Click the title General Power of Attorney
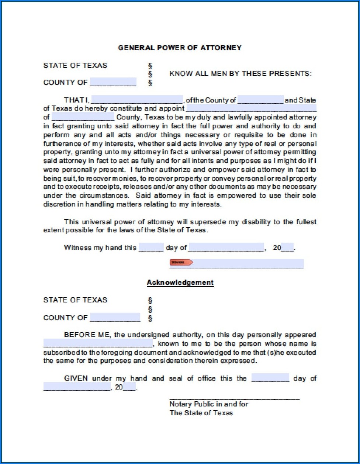pyautogui.click(x=180, y=48)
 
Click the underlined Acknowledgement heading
pyautogui.click(x=180, y=283)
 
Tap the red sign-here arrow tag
pyautogui.click(x=181, y=262)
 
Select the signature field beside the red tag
pyautogui.click(x=248, y=263)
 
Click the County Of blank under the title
pyautogui.click(x=113, y=82)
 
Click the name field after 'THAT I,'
pyautogui.click(x=137, y=100)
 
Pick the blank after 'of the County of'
pyautogui.click(x=260, y=100)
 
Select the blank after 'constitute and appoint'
pyautogui.click(x=251, y=108)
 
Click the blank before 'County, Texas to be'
pyautogui.click(x=83, y=117)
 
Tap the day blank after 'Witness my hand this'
pyautogui.click(x=151, y=247)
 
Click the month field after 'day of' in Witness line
pyautogui.click(x=226, y=247)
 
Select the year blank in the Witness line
pyautogui.click(x=287, y=247)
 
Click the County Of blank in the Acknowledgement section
pyautogui.click(x=115, y=317)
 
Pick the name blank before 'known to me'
pyautogui.click(x=98, y=343)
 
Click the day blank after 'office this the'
pyautogui.click(x=270, y=378)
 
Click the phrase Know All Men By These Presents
pyautogui.click(x=240, y=73)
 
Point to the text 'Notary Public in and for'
pyautogui.click(x=209, y=404)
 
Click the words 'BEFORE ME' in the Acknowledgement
pyautogui.click(x=87, y=335)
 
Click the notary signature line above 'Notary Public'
pyautogui.click(x=235, y=398)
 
